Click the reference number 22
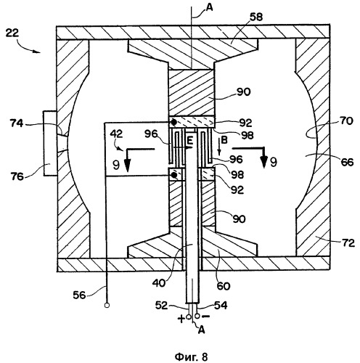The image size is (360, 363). click(12, 33)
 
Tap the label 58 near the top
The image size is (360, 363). click(256, 17)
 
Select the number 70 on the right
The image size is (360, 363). click(346, 121)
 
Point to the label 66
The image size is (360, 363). click(347, 162)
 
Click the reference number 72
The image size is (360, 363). click(348, 242)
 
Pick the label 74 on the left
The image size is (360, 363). click(17, 123)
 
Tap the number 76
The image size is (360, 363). click(17, 176)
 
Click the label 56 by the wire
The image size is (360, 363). click(80, 295)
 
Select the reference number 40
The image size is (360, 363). click(159, 283)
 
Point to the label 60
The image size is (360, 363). click(223, 286)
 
